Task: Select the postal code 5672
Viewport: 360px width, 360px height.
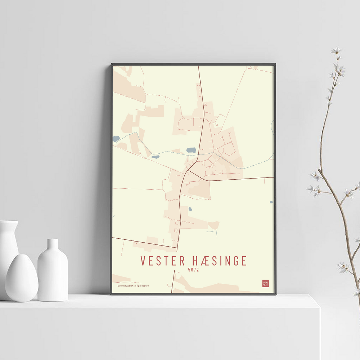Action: [193, 269]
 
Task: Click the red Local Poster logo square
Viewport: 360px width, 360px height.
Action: [266, 283]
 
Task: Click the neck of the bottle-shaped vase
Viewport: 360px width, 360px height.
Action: [53, 245]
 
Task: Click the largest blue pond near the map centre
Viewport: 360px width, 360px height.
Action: [191, 150]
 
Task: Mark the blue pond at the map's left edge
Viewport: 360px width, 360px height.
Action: [116, 139]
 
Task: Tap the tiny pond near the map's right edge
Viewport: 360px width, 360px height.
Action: [271, 202]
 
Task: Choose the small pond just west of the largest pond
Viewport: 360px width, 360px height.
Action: [155, 157]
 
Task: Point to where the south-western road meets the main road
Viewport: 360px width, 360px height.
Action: [177, 247]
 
